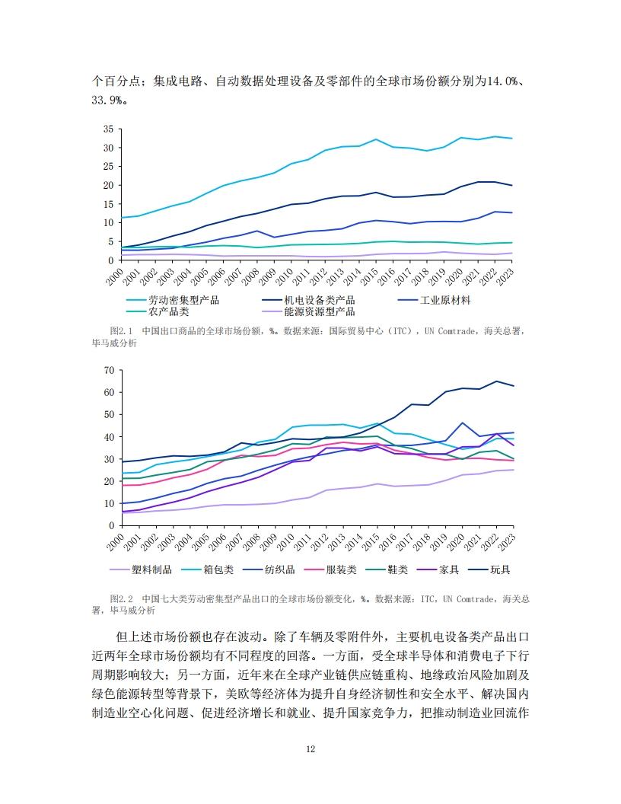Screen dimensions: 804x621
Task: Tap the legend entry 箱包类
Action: pos(218,569)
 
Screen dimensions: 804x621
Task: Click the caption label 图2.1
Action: pos(122,332)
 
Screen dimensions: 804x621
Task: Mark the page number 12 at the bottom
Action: pos(310,748)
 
